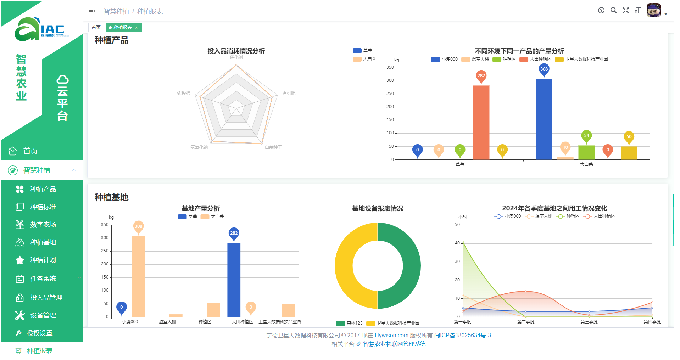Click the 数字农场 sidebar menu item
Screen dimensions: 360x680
click(x=43, y=225)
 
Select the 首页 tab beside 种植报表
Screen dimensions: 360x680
click(x=96, y=27)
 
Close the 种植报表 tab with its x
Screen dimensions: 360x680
click(x=136, y=28)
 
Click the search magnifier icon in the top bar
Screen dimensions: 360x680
click(x=613, y=11)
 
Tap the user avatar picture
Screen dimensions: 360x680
click(x=653, y=11)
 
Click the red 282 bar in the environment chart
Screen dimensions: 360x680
click(x=481, y=122)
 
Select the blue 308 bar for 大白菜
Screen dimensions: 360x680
click(x=544, y=119)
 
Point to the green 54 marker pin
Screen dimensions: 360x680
click(x=586, y=136)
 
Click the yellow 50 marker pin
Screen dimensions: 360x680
click(x=629, y=137)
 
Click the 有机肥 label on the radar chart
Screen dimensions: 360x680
click(x=289, y=93)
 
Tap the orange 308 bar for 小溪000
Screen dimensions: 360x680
click(x=138, y=276)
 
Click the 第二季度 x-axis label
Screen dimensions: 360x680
click(x=526, y=322)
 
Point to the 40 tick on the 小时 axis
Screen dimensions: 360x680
click(x=457, y=243)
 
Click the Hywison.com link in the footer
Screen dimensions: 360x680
click(x=391, y=335)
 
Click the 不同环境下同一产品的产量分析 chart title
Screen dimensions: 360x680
click(x=519, y=51)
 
